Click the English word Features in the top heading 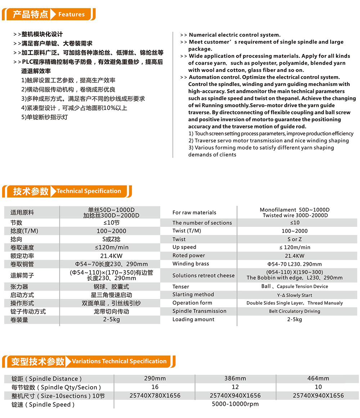(71, 14)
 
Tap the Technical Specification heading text (89, 191)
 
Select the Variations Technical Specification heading (119, 361)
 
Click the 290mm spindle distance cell (155, 378)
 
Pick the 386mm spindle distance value (235, 378)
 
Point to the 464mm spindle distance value (318, 378)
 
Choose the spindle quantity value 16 (155, 387)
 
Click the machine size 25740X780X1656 (155, 396)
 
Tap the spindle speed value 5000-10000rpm (235, 404)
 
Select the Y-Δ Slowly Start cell (294, 295)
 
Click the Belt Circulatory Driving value (294, 311)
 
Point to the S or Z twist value (294, 239)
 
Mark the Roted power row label (189, 255)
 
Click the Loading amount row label (193, 319)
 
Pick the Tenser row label (181, 287)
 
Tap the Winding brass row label (191, 264)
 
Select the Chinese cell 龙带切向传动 (111, 312)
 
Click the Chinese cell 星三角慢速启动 (111, 295)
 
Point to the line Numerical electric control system (234, 35)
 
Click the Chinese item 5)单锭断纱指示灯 (44, 117)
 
